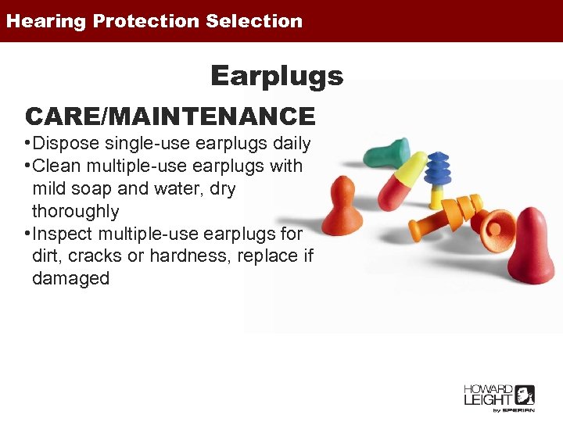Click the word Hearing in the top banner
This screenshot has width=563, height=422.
pos(45,21)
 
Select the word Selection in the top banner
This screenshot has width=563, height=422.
pos(254,21)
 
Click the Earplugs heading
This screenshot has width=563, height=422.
pos(277,76)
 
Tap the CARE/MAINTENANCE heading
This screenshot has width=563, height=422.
pos(170,116)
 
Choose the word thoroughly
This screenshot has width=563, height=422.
pos(75,211)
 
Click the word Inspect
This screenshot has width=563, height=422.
pos(64,234)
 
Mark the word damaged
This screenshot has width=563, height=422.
pos(70,278)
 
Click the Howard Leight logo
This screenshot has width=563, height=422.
pos(499,397)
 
